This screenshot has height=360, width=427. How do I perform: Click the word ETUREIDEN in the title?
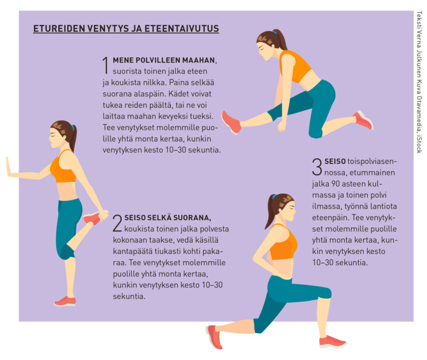59,29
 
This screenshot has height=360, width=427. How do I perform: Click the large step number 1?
106,65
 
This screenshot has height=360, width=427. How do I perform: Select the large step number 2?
117,223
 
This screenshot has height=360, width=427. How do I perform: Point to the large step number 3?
317,166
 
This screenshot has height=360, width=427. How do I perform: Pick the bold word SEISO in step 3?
335,161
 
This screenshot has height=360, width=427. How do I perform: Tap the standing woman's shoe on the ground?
65,301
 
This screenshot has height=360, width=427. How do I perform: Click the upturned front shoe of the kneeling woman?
232,123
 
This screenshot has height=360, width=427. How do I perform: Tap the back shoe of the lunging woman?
215,337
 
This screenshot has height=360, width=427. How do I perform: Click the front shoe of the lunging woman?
332,341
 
